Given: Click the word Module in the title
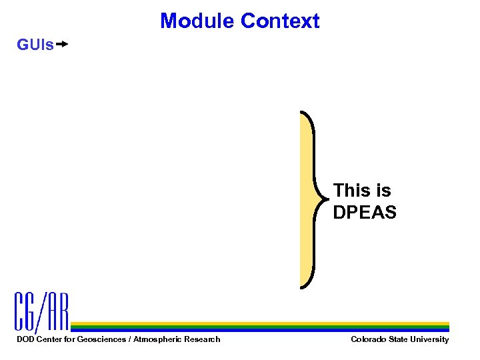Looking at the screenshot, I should (197, 21).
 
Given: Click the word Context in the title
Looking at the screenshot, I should (280, 21).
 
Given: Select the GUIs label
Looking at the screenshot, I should (35, 45).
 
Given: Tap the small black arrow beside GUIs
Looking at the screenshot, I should (62, 45).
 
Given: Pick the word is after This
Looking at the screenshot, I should (383, 191).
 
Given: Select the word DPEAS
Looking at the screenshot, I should (365, 213).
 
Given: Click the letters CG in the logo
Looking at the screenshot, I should (27, 312).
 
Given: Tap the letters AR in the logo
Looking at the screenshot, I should (58, 312).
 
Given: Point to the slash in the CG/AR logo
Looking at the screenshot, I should (43, 312).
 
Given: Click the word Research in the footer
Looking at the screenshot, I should (203, 339).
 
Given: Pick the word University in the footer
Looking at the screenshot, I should (431, 339).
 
